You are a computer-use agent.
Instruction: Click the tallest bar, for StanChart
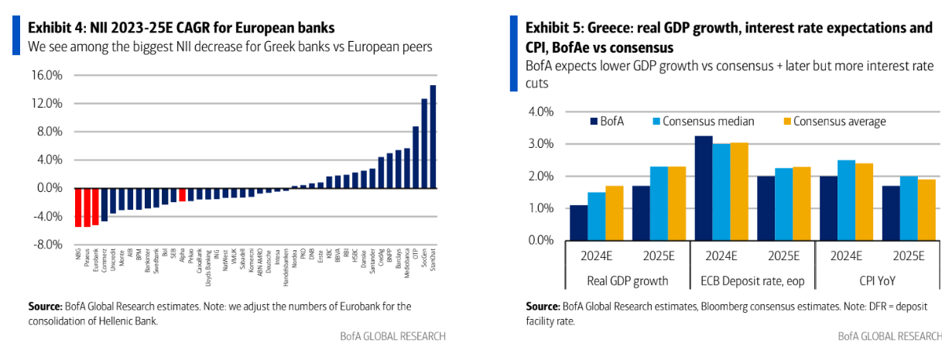click(x=433, y=136)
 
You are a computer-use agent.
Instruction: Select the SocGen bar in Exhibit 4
click(x=424, y=143)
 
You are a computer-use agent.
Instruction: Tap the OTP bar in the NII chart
click(x=416, y=157)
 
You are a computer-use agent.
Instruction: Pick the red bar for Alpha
click(x=182, y=194)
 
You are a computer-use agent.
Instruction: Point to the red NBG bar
click(x=78, y=207)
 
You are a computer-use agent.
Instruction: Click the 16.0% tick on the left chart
click(x=47, y=76)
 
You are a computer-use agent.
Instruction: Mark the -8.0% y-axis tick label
click(x=47, y=245)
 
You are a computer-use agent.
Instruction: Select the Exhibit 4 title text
click(x=181, y=28)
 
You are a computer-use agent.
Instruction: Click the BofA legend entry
click(x=611, y=122)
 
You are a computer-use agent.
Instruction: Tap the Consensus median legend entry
click(x=701, y=122)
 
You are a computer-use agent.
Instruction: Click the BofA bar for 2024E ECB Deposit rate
click(x=704, y=188)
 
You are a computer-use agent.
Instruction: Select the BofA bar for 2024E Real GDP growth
click(x=579, y=223)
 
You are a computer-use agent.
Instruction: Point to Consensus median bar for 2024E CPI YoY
click(x=846, y=201)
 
